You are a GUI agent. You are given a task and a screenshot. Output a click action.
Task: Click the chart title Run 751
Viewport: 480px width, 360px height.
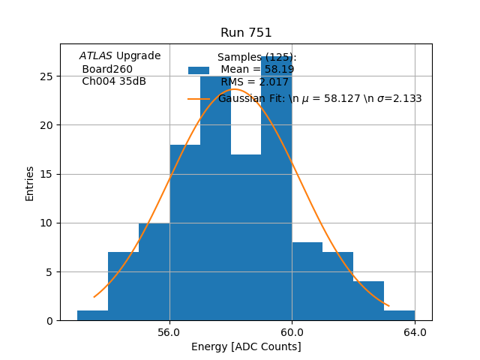point(246,33)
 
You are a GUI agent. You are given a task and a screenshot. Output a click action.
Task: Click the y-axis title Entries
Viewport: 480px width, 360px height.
point(30,182)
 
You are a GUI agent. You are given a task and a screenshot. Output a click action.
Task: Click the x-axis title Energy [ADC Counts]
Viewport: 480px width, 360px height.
point(246,346)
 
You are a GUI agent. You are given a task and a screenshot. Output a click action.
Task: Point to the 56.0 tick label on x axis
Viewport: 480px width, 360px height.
point(169,332)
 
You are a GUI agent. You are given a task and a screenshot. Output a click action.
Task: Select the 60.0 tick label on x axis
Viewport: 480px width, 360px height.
point(292,332)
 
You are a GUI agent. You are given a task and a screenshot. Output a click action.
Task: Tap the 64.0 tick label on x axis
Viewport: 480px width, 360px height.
point(415,332)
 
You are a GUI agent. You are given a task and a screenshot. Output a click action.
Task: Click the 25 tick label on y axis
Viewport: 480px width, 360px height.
point(46,76)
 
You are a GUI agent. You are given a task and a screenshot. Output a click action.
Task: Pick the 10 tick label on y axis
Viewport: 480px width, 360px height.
point(46,223)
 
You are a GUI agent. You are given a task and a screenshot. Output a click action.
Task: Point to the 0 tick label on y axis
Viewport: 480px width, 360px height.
point(49,321)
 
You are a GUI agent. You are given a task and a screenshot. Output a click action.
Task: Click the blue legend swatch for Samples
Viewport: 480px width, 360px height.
point(199,70)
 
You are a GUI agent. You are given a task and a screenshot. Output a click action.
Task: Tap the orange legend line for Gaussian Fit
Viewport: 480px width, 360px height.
point(199,98)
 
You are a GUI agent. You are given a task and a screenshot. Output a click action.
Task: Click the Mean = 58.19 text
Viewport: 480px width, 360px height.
point(257,70)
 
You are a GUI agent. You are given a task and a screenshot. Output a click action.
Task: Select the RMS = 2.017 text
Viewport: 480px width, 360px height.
point(254,82)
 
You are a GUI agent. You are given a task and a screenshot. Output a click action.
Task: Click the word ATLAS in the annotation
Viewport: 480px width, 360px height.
point(96,55)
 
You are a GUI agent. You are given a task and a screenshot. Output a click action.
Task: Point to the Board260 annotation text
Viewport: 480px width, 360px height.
point(107,69)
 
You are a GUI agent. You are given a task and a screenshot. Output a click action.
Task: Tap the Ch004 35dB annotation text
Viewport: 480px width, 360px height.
point(114,81)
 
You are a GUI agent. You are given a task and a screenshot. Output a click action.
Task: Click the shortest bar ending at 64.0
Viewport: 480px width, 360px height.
point(399,316)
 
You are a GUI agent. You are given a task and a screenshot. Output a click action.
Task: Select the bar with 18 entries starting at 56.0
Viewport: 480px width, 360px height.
point(184,232)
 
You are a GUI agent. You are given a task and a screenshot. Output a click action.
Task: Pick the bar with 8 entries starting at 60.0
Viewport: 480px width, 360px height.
point(307,281)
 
